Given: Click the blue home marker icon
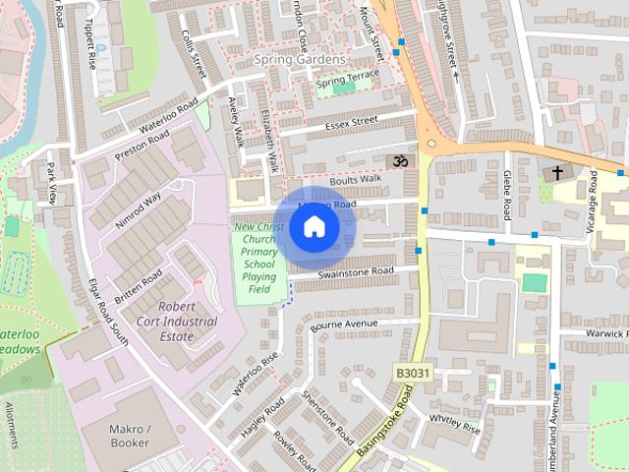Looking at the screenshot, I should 313,227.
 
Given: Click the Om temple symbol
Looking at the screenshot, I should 400,161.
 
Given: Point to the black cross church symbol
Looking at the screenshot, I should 557,173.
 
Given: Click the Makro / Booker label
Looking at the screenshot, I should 129,436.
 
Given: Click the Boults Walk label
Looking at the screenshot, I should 355,179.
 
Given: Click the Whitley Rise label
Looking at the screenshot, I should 454,424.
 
